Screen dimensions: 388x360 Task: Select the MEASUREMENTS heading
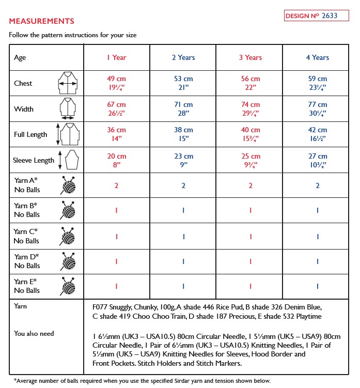point(41,21)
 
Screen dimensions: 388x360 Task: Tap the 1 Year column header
point(117,57)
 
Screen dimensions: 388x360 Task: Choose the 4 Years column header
point(317,57)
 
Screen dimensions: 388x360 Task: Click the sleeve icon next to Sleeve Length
point(69,160)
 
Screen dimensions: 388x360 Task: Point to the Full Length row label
point(30,135)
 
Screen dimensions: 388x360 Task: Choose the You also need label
point(34,334)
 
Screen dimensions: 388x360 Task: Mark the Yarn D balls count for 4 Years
point(317,261)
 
